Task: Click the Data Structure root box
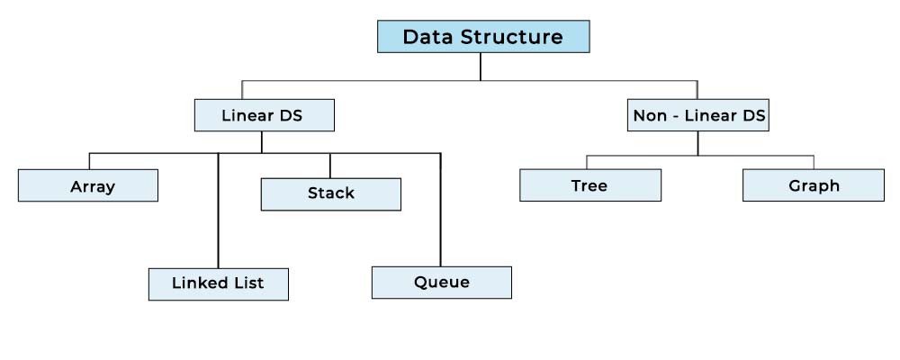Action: click(483, 37)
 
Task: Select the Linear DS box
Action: click(264, 115)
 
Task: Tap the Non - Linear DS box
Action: click(698, 115)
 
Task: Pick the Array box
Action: click(88, 185)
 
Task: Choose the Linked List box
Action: click(218, 284)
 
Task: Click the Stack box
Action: click(330, 194)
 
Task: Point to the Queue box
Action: click(441, 283)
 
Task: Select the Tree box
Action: click(590, 184)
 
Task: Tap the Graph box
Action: click(814, 184)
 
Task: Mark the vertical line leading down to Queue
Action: click(440, 210)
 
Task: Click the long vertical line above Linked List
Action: click(218, 211)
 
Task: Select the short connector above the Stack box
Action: click(330, 166)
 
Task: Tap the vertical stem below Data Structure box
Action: click(480, 67)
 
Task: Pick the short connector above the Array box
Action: click(89, 161)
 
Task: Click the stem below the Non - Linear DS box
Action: click(697, 143)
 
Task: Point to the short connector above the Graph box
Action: click(814, 162)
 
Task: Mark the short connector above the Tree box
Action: click(587, 162)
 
